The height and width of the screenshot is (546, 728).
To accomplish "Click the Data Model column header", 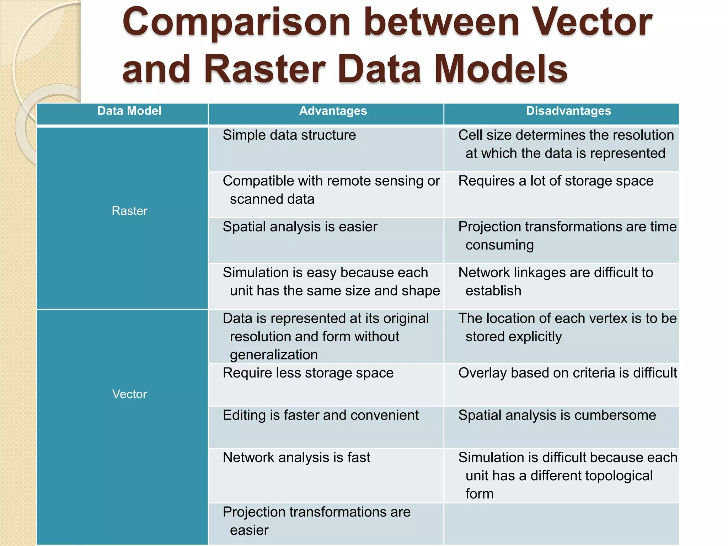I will (129, 111).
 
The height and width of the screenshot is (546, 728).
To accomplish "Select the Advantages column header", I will (333, 111).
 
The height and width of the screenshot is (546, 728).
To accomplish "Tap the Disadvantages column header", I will (568, 111).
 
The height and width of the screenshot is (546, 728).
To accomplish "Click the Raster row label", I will (129, 211).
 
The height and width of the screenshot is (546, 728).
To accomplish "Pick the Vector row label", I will (129, 394).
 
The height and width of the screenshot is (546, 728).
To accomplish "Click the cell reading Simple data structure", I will (289, 135).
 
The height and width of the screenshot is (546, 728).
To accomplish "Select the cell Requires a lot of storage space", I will (556, 181).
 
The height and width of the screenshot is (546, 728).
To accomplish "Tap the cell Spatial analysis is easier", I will (300, 227).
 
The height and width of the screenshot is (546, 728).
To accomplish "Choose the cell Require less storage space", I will (308, 373).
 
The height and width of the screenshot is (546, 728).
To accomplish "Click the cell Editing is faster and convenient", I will (321, 415).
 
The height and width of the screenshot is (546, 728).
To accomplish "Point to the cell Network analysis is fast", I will (296, 457).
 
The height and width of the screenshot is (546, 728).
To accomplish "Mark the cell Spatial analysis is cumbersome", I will (557, 415).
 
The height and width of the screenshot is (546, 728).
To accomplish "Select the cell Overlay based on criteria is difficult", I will (567, 373).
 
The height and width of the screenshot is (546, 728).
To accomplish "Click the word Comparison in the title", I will (236, 23).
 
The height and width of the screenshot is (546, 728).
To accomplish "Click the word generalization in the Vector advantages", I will (274, 355).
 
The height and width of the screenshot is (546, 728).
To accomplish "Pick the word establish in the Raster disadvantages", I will (493, 291).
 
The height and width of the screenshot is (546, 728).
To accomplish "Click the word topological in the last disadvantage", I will (591, 476).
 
